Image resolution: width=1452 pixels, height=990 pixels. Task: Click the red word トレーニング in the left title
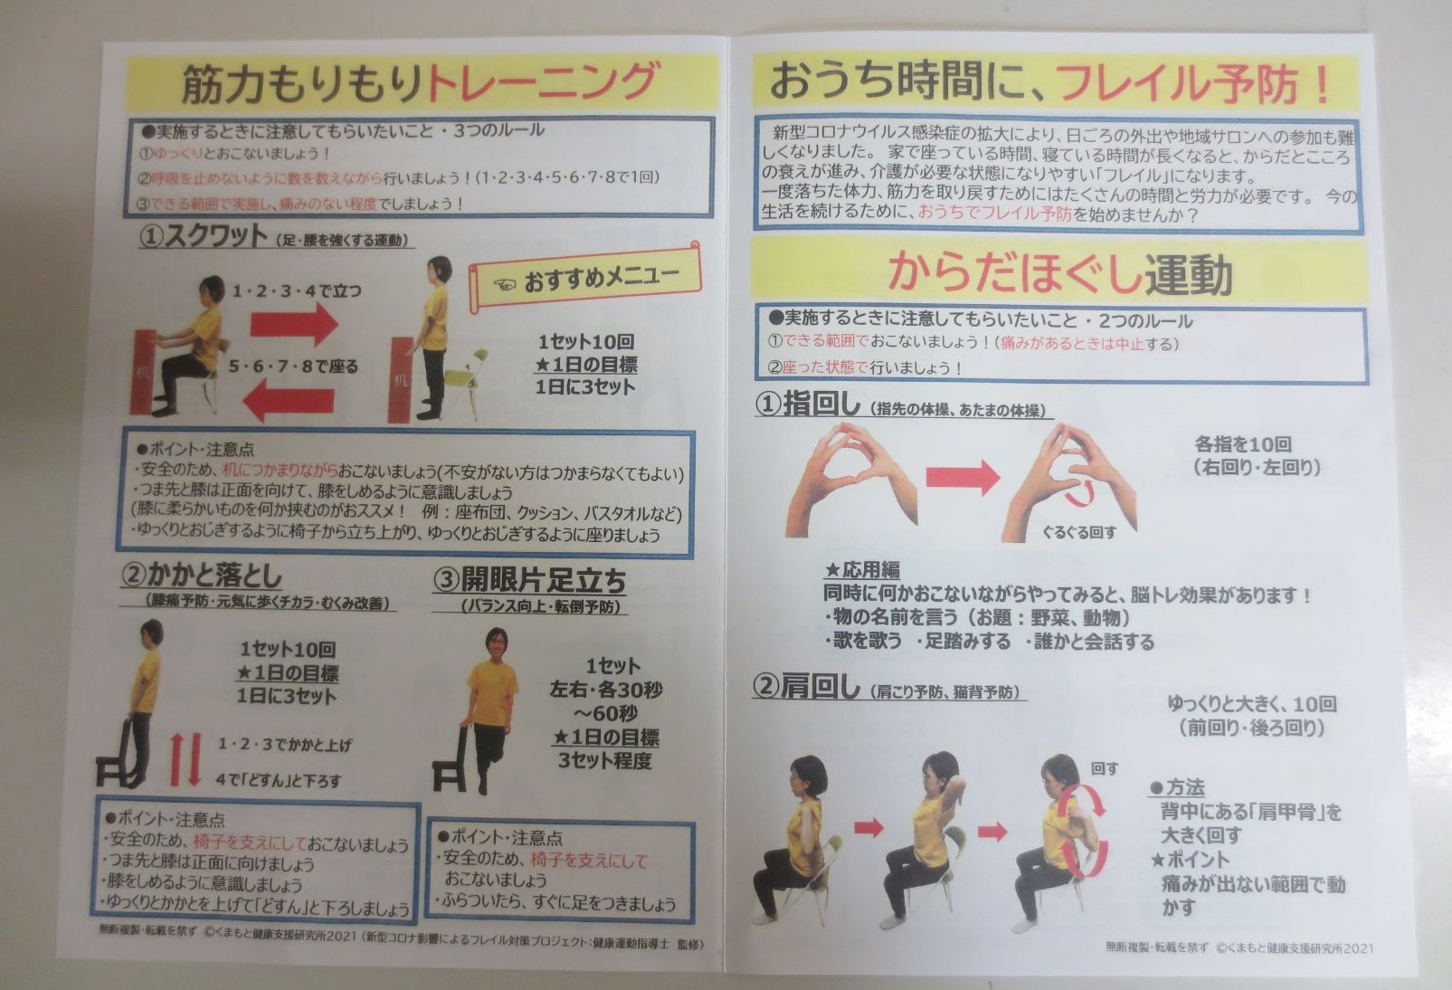point(541,82)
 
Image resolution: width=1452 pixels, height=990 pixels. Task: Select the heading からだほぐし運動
point(1059,274)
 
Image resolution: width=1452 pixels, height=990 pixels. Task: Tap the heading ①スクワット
point(204,236)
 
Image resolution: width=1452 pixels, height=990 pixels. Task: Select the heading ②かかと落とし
point(203,576)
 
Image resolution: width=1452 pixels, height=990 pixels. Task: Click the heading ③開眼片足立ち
point(529,579)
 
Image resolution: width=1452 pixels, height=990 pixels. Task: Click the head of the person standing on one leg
point(495,645)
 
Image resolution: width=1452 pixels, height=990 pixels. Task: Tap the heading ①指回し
point(808,405)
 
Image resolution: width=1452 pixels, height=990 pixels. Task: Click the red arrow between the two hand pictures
point(963,477)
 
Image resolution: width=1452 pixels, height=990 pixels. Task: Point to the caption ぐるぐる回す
point(1079,532)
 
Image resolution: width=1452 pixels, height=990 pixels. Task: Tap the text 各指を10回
point(1243,444)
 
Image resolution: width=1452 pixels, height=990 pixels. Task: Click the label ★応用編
point(861,570)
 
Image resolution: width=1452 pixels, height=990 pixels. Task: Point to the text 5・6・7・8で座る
point(293,366)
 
